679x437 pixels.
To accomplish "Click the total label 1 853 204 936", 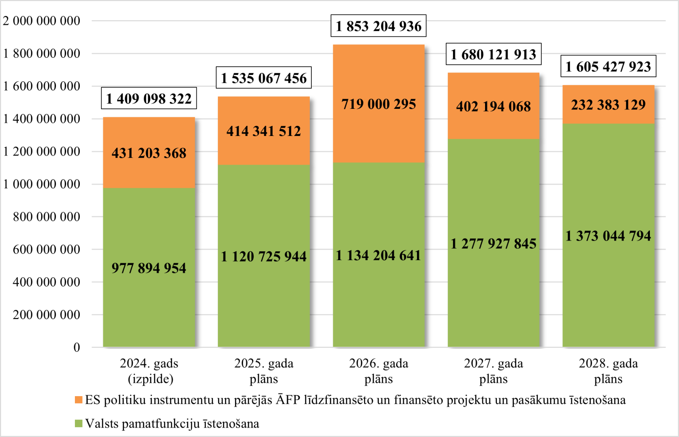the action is [378, 26].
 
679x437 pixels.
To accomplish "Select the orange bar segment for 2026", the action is [379, 104].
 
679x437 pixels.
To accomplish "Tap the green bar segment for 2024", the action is [149, 267].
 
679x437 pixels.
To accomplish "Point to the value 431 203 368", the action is [149, 153].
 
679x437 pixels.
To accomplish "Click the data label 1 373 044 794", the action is [608, 236].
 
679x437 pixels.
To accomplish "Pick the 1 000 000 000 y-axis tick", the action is [42, 184].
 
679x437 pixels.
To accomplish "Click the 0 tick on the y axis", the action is [77, 347].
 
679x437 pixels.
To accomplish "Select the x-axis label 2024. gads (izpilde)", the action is [149, 371].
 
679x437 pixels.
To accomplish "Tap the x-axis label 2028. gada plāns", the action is [609, 371].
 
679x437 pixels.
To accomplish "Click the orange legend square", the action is [79, 400].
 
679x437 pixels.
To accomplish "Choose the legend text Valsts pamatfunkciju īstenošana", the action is [172, 423].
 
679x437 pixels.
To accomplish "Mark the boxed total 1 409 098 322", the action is [149, 98].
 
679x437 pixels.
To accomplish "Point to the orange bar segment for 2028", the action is [609, 104].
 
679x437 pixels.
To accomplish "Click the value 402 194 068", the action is [494, 106].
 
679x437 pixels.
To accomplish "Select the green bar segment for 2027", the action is [494, 243].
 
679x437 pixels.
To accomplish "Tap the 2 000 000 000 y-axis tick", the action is [42, 21].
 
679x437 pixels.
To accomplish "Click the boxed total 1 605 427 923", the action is [609, 66].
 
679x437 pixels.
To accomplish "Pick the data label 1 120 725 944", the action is [264, 257].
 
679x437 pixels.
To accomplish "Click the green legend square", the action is [79, 423].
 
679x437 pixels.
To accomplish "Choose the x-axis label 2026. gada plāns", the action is [379, 371].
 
